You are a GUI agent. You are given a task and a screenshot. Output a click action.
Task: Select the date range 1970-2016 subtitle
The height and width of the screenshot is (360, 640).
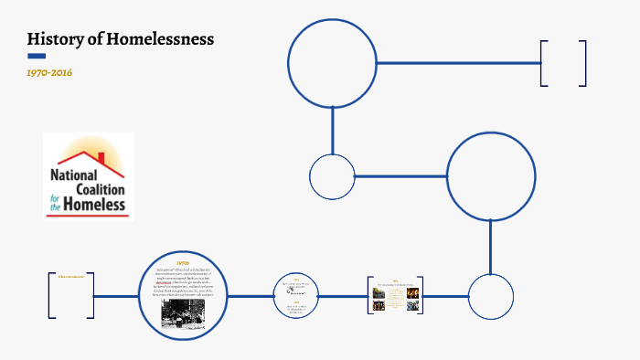pos(49,71)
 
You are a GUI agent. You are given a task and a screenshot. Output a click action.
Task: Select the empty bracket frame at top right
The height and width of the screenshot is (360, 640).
pos(563,63)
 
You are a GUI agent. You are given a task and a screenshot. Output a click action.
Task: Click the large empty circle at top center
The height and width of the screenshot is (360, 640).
pos(332,63)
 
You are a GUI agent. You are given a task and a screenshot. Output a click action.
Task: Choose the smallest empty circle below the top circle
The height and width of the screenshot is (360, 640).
pos(332,176)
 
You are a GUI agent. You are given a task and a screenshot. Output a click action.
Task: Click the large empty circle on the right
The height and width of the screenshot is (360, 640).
pos(491,176)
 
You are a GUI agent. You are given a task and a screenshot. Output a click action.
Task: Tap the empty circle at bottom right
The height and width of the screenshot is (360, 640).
pos(491,296)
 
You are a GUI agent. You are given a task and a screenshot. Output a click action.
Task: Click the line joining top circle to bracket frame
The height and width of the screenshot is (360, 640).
pos(457,63)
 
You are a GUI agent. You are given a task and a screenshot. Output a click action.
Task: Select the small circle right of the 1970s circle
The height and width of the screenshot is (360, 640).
pos(296,296)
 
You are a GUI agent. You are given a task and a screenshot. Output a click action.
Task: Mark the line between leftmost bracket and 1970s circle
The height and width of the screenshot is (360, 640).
pos(117,296)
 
